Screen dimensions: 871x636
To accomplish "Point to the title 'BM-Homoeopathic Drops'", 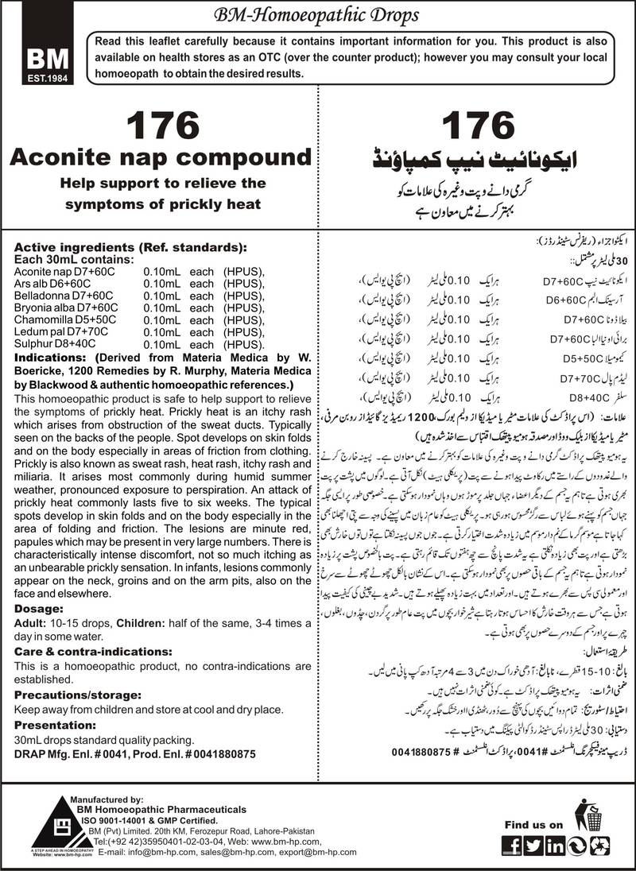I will coord(318,14).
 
